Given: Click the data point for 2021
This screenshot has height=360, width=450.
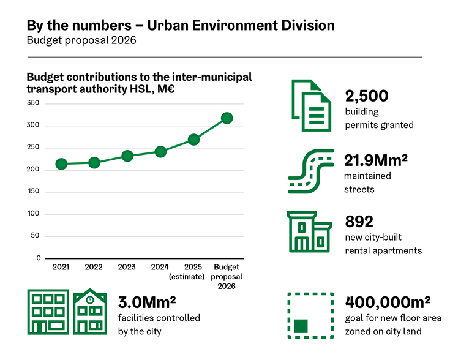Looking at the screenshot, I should (x=61, y=164).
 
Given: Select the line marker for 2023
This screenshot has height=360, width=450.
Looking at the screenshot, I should (x=127, y=156).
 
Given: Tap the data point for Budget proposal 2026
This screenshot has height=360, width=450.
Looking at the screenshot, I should (x=227, y=118).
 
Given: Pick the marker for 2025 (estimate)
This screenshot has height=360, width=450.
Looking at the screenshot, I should (x=193, y=140).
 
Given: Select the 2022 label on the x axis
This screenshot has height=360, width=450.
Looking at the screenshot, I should (x=94, y=267).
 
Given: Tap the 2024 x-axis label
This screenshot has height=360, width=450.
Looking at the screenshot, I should (x=160, y=267).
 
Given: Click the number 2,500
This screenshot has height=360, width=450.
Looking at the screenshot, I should (x=367, y=96).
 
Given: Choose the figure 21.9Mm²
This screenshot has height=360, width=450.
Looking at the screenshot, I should (x=376, y=160).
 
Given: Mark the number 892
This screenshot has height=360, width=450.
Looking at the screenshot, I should (x=359, y=222).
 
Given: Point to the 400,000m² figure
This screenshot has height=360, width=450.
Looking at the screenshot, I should (x=388, y=302).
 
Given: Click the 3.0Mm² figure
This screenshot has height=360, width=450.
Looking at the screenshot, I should (x=147, y=302).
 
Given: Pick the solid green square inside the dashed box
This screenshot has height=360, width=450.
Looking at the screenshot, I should (x=300, y=326).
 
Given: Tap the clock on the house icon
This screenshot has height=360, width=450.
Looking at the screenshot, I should (x=89, y=300).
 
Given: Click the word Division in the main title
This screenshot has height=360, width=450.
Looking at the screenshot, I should (x=305, y=25).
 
